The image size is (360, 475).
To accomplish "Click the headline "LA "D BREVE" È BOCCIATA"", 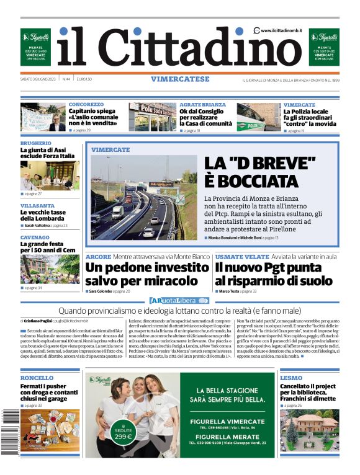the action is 261,172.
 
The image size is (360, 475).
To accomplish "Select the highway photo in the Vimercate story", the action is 143,197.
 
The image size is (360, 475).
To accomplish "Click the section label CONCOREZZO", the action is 86,105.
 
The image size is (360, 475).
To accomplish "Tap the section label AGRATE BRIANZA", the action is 202,105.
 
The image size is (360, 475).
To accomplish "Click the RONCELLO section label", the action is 37,378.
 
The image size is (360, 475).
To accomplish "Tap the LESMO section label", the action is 291,378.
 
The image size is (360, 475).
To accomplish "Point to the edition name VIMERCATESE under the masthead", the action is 180,79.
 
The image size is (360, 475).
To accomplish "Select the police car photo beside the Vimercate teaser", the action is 258,117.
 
